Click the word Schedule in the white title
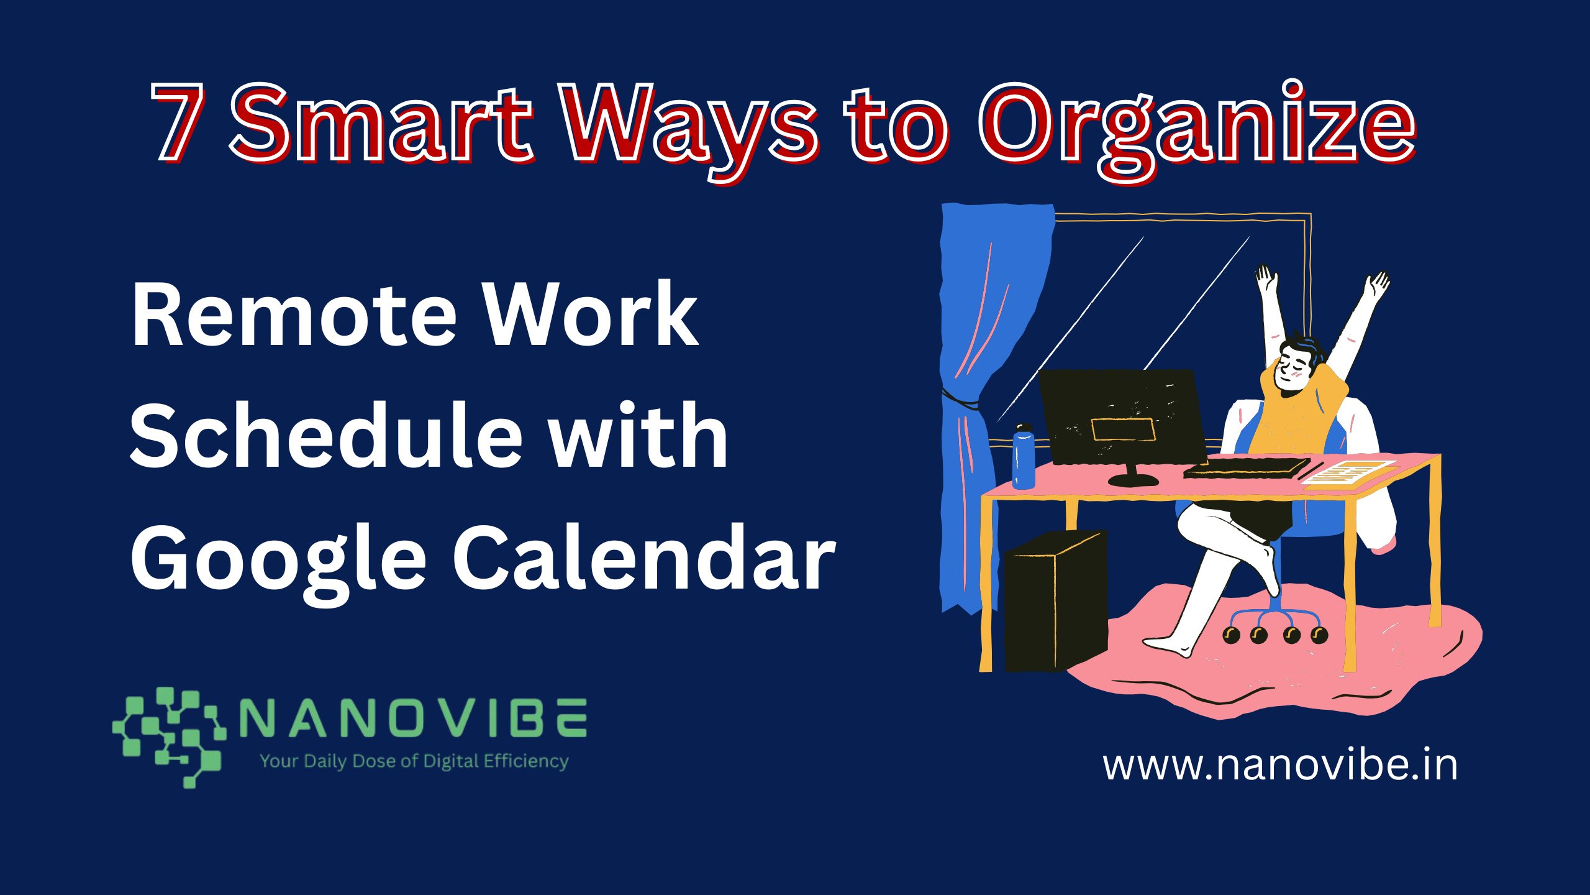(327, 435)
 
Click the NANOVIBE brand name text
(413, 717)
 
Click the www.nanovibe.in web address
(1280, 765)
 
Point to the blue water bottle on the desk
(1024, 456)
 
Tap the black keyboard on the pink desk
(1246, 468)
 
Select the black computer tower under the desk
(1056, 601)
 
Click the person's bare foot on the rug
(1168, 646)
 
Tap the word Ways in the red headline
(689, 131)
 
